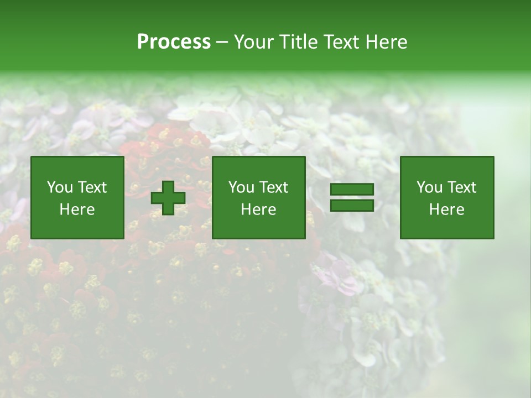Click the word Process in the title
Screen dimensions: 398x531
(x=174, y=42)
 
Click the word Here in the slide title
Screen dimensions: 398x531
(x=387, y=42)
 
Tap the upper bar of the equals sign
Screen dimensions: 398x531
(x=352, y=190)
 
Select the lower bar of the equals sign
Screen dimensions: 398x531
(x=352, y=205)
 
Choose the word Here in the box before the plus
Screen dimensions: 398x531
(x=77, y=210)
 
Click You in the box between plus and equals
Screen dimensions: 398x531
(x=241, y=187)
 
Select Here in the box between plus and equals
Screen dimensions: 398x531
(x=258, y=210)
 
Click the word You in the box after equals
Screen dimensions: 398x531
(x=429, y=187)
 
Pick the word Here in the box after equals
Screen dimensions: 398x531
(x=446, y=210)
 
